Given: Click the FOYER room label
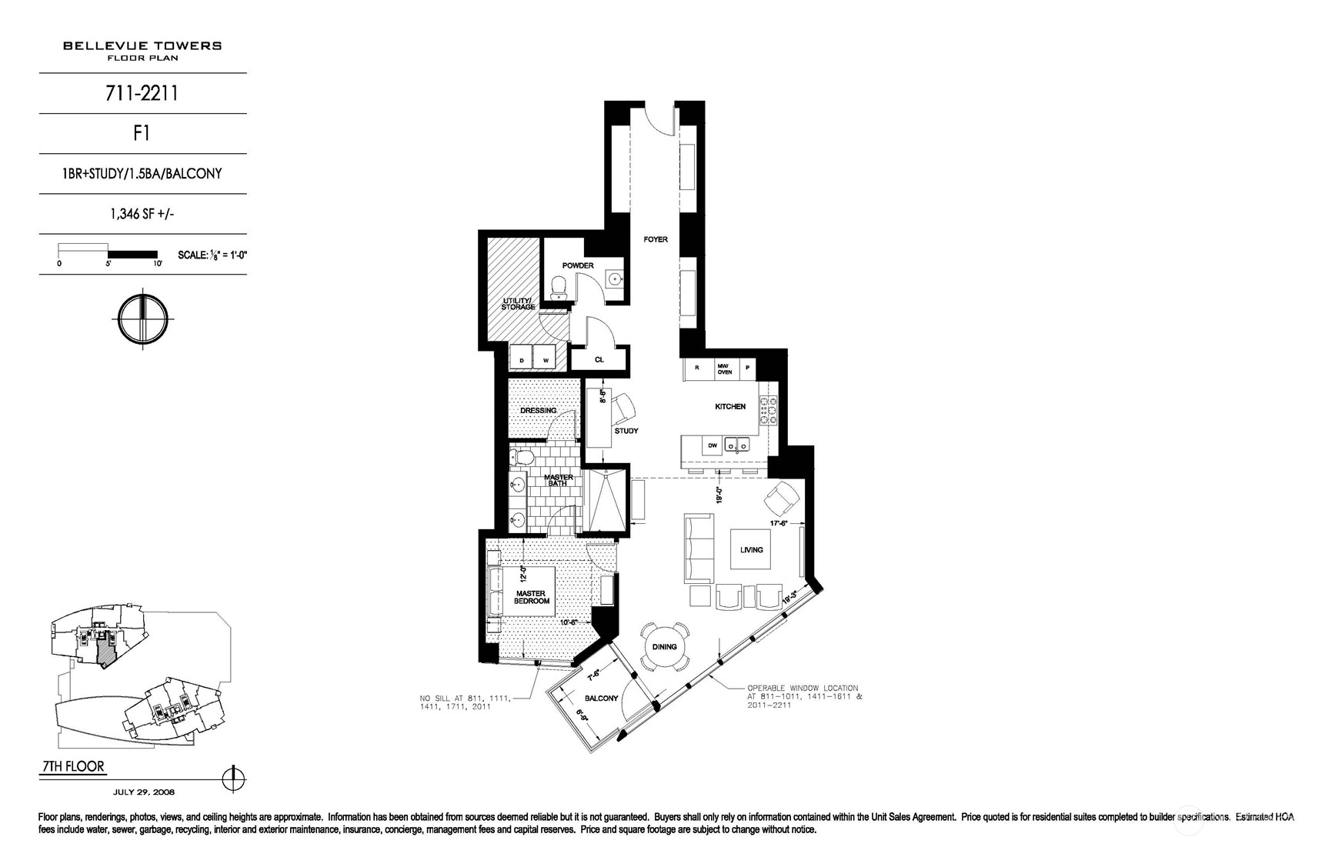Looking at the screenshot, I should (656, 239).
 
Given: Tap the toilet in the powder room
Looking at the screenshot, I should (559, 288).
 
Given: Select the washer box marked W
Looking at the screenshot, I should (546, 360).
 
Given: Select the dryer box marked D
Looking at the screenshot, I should (522, 360).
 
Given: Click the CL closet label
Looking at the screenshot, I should (599, 359).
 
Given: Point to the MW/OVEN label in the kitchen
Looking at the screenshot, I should (724, 368).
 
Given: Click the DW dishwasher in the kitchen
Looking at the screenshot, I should (713, 445).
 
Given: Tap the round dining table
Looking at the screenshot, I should (665, 646).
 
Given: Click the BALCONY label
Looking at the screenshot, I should (601, 699).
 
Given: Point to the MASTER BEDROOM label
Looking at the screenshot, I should (532, 597).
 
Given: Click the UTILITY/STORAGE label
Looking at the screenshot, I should (518, 303).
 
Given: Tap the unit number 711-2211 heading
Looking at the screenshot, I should (142, 94).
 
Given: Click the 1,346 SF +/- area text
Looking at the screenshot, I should (142, 215).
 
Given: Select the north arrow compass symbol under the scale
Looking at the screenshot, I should (142, 318).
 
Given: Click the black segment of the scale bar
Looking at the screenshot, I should (132, 254).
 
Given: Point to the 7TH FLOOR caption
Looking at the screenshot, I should (72, 767).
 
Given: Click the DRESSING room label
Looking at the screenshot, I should (538, 410).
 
